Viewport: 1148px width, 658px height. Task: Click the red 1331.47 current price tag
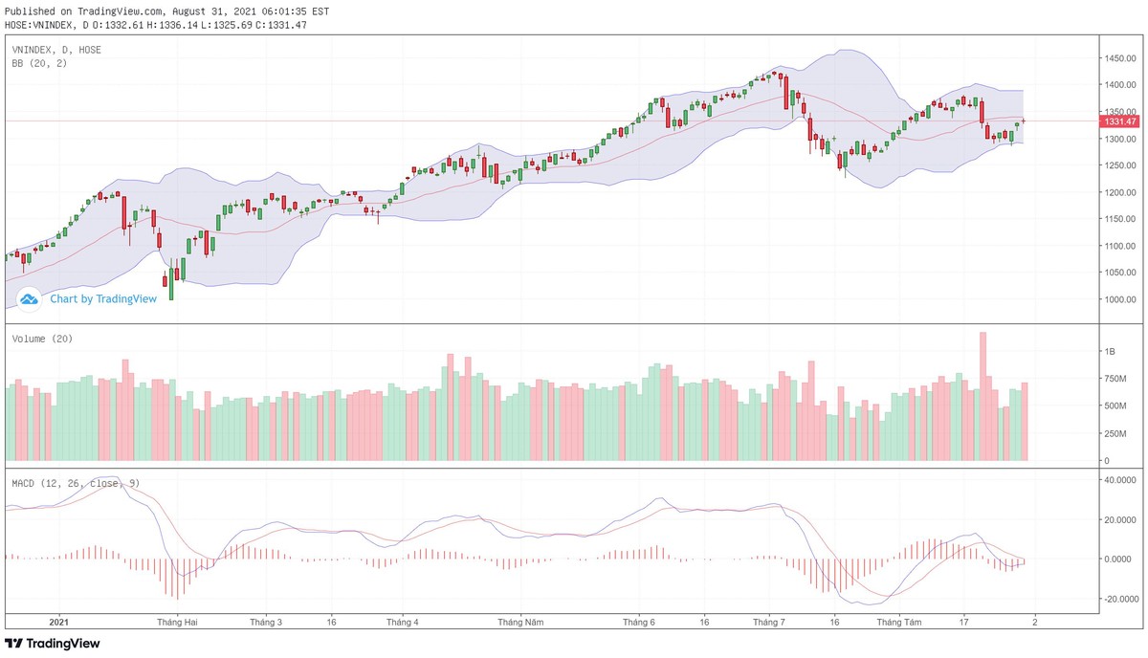pyautogui.click(x=1119, y=121)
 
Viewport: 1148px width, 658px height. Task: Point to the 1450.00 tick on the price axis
pyautogui.click(x=1118, y=58)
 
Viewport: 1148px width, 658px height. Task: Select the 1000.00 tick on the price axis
pyautogui.click(x=1118, y=299)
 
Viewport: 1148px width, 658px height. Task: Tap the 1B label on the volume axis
pyautogui.click(x=1111, y=352)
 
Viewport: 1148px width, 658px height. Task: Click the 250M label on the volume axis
pyautogui.click(x=1115, y=433)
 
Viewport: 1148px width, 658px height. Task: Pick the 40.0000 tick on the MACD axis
pyautogui.click(x=1118, y=480)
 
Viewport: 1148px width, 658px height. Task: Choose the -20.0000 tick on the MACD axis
pyautogui.click(x=1118, y=599)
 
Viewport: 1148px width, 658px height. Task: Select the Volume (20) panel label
pyautogui.click(x=42, y=339)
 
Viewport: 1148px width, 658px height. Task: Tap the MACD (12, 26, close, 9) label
pyautogui.click(x=76, y=483)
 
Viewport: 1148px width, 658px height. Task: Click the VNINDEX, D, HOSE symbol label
pyautogui.click(x=56, y=49)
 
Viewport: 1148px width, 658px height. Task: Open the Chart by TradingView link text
pyautogui.click(x=103, y=298)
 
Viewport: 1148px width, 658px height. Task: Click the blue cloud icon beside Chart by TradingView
pyautogui.click(x=29, y=299)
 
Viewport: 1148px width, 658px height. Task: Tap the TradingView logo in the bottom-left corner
pyautogui.click(x=53, y=644)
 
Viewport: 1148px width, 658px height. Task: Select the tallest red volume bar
pyautogui.click(x=982, y=396)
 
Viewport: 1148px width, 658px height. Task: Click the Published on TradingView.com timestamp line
pyautogui.click(x=166, y=11)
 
